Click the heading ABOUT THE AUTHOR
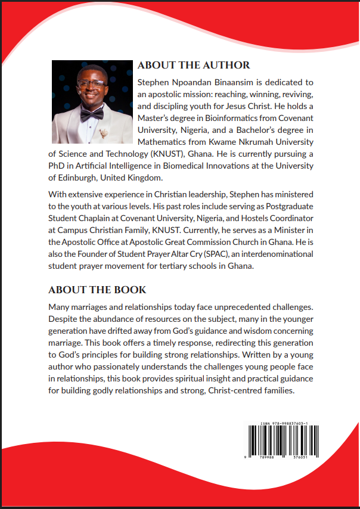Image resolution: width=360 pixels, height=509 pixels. [x=194, y=65]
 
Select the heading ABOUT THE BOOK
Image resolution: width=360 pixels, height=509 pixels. [x=97, y=290]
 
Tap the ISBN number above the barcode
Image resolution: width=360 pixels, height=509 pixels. [x=284, y=423]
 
